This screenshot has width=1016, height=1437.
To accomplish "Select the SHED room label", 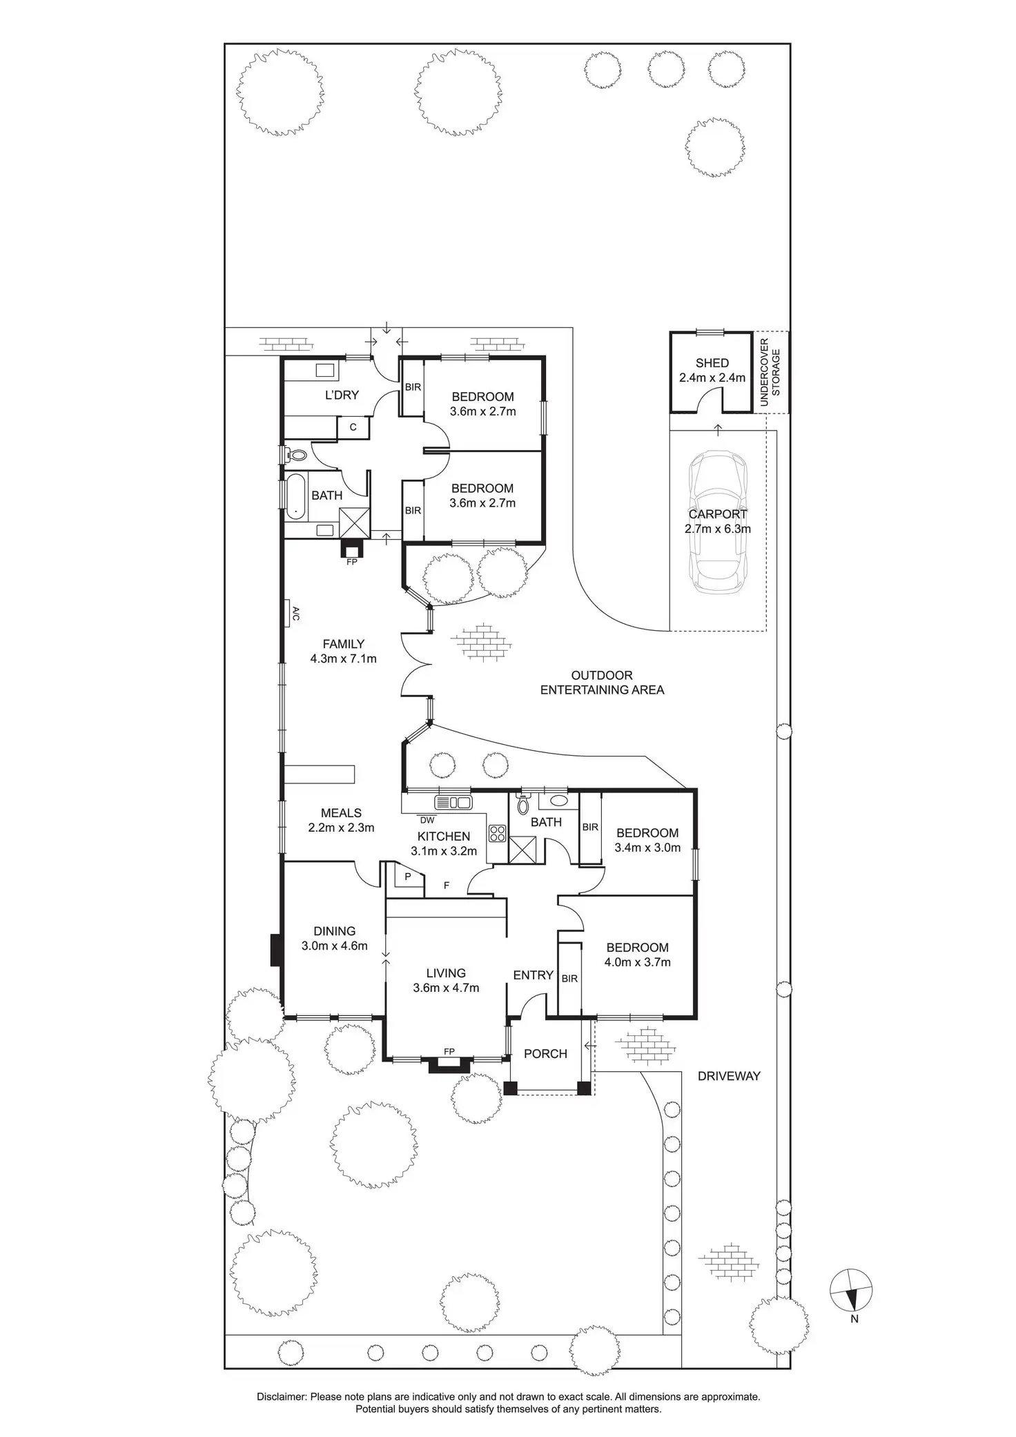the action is pyautogui.click(x=712, y=363).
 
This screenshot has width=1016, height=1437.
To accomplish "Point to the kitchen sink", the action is pyautogui.click(x=453, y=802).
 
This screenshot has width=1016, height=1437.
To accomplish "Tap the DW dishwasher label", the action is pyautogui.click(x=427, y=820).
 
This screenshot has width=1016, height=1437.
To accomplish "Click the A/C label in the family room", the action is pyautogui.click(x=295, y=614).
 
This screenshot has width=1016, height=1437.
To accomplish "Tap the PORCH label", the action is pyautogui.click(x=545, y=1054).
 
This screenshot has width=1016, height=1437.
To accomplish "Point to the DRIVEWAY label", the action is pyautogui.click(x=729, y=1076).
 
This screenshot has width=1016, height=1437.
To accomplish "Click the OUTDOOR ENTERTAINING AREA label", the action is pyautogui.click(x=602, y=683).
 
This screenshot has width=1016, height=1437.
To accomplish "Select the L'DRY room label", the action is pyautogui.click(x=342, y=395).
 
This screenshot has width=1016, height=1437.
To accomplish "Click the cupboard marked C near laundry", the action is pyautogui.click(x=353, y=427).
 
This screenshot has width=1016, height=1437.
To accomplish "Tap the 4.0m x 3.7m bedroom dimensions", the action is pyautogui.click(x=638, y=962).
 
